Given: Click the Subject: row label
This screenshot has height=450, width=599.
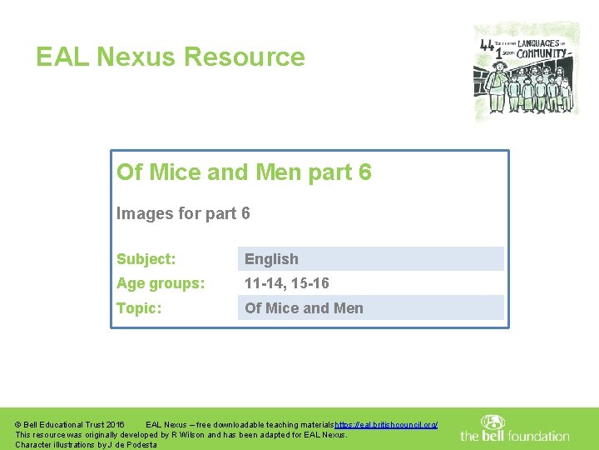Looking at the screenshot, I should coord(146,259).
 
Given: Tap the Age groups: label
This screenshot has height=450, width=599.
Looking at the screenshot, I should coord(161,283).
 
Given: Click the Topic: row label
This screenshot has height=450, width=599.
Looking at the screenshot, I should coord(139,308).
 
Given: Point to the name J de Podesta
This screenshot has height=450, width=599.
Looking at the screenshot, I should coord(128,445).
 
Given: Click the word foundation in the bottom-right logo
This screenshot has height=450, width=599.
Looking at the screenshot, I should coord(537,436).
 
